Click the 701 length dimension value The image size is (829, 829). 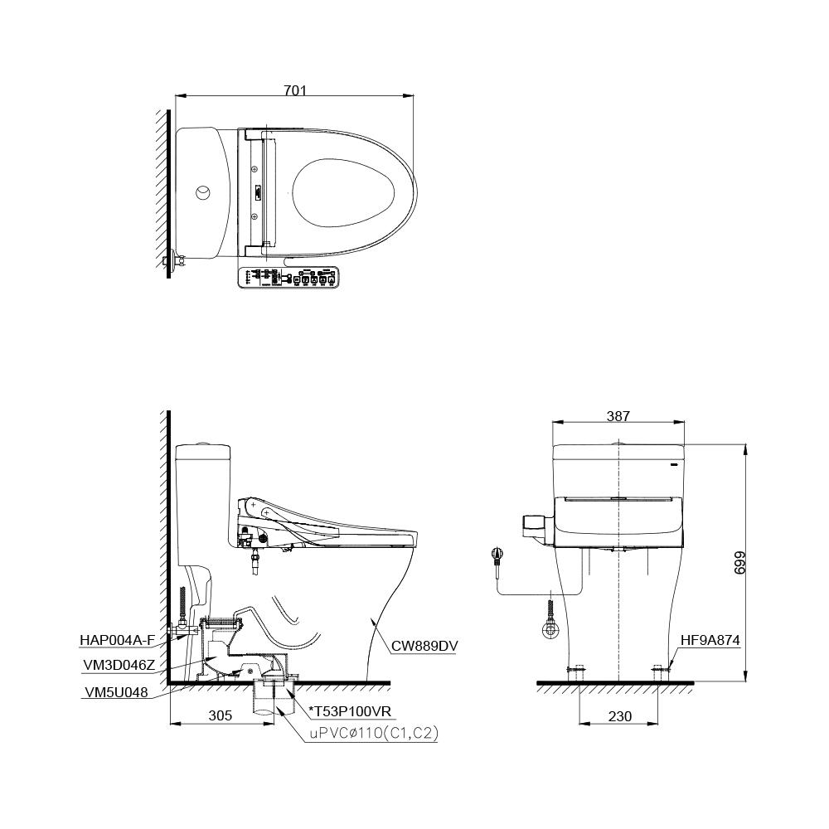tap(295, 91)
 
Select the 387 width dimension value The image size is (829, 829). tap(618, 416)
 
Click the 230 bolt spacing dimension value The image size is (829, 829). tap(619, 716)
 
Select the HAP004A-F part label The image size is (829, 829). tap(117, 639)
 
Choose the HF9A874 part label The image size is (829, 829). tap(710, 640)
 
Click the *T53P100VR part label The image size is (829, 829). tap(349, 711)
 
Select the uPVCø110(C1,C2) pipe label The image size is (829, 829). tap(374, 734)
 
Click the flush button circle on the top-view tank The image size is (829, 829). tap(202, 193)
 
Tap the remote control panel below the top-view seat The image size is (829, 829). tap(288, 278)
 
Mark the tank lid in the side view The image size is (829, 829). tap(202, 452)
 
